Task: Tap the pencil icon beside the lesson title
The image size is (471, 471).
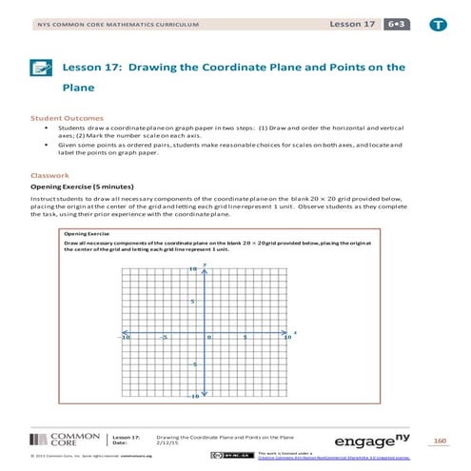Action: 41,69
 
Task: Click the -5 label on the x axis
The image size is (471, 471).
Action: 164,338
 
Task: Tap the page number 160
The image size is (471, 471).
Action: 440,440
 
